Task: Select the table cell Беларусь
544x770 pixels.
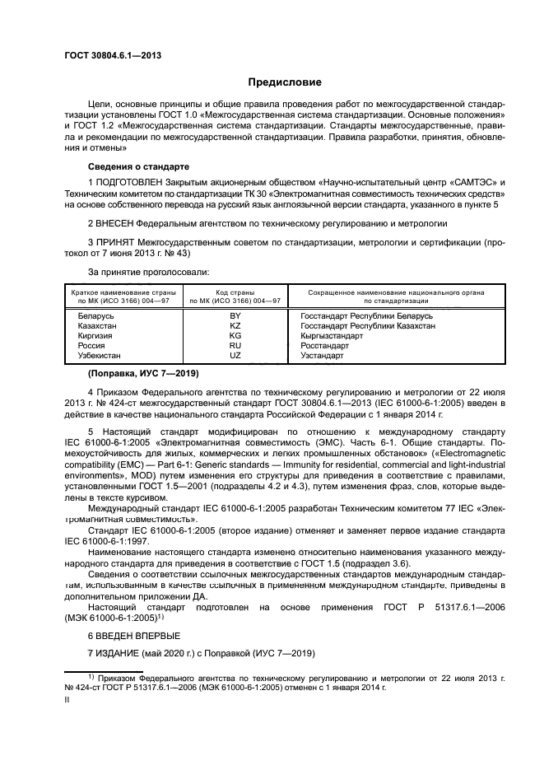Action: [x=95, y=315]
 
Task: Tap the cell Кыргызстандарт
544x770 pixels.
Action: [x=332, y=335]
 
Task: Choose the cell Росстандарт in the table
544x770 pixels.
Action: [x=325, y=345]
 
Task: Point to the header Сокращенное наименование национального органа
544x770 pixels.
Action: [x=396, y=292]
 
